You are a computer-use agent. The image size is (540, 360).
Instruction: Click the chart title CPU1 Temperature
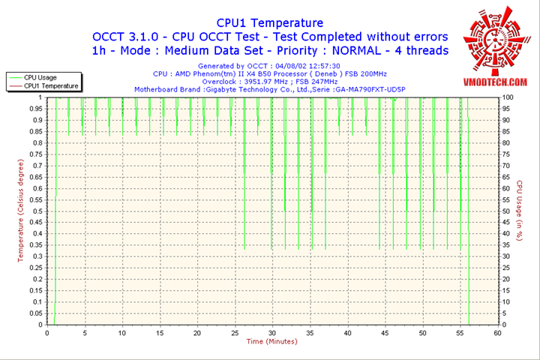[x=270, y=23]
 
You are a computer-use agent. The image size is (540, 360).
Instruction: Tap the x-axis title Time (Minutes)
[x=271, y=342]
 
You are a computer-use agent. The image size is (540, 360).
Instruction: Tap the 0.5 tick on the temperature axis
[x=37, y=211]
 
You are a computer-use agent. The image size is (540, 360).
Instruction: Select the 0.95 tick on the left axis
[x=35, y=109]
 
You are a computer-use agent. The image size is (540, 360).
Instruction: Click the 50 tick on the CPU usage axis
[x=507, y=211]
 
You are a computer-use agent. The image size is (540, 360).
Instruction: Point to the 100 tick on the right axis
[x=508, y=97]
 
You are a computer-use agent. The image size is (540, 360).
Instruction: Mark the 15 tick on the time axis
[x=160, y=332]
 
